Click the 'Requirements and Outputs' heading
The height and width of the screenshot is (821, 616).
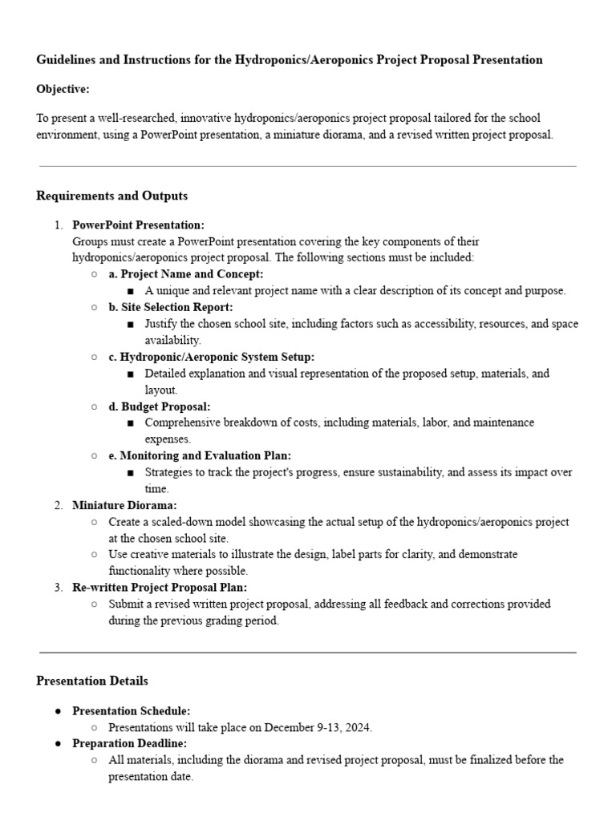[111, 196]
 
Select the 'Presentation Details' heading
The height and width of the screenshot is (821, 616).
[92, 681]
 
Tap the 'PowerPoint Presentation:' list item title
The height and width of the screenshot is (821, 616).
[138, 225]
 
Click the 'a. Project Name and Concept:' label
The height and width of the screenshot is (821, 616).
[185, 274]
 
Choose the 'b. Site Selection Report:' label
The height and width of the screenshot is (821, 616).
[171, 307]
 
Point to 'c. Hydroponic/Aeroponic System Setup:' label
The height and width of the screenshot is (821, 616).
[212, 357]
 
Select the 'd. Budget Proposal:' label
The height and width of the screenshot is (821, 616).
[160, 406]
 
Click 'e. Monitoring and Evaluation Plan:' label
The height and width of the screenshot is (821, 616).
[200, 455]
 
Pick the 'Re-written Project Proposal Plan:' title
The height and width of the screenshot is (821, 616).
[160, 588]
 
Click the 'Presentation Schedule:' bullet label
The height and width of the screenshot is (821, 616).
[131, 710]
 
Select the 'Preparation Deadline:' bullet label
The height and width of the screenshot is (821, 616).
[129, 743]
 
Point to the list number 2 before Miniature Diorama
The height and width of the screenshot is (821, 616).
[58, 505]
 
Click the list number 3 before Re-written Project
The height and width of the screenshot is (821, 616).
[58, 588]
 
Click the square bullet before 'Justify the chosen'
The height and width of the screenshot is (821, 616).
[131, 324]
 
